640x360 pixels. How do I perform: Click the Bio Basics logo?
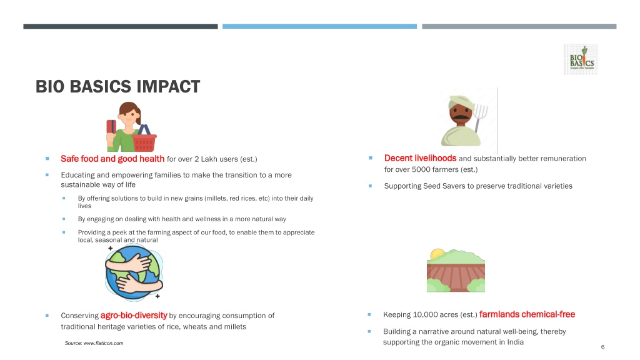(x=581, y=59)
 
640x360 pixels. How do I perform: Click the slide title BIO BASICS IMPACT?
(x=117, y=86)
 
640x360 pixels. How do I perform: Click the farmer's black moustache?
(x=461, y=118)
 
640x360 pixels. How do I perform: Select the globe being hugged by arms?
(x=134, y=272)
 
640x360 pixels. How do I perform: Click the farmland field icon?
(x=456, y=270)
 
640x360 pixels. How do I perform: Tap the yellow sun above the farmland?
(x=437, y=254)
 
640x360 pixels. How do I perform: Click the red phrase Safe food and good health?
(x=112, y=159)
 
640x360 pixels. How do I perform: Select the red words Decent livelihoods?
(x=420, y=158)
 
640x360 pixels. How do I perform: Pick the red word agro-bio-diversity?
(x=134, y=316)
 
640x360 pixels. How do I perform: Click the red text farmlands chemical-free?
(x=527, y=314)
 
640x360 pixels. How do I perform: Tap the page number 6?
(x=602, y=347)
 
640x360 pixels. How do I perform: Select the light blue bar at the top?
(x=319, y=26)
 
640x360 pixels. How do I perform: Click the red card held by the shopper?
(x=111, y=126)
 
